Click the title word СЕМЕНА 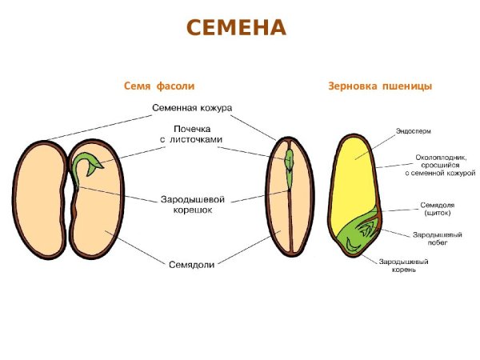coord(236,29)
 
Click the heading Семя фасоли coord(159,86)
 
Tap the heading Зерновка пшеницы coord(380,86)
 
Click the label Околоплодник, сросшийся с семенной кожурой coord(439,165)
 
